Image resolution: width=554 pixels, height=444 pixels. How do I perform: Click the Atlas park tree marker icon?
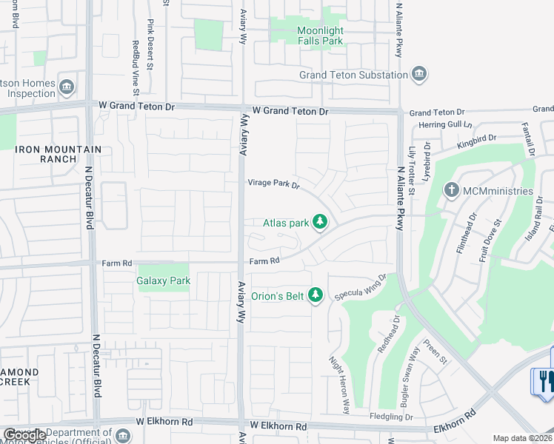coord(320,222)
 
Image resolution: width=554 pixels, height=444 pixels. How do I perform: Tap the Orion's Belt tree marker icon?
coord(316,296)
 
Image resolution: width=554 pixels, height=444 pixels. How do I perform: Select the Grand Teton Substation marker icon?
coord(419,74)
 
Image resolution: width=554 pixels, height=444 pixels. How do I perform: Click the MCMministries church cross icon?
coord(451,191)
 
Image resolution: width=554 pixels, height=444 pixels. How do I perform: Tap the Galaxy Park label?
coord(163,280)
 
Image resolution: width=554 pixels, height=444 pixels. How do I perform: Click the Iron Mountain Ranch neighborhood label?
coord(58,154)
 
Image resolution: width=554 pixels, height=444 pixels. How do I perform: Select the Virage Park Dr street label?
coord(273,184)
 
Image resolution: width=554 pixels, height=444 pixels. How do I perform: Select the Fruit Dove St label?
coord(490,240)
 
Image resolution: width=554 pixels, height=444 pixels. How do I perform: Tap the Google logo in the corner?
coord(24,435)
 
